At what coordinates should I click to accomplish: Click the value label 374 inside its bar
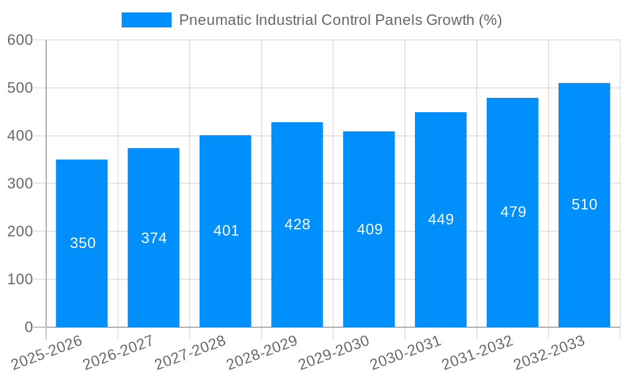pos(154,238)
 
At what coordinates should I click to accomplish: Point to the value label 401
pos(226,231)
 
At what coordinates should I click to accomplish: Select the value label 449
pos(441,219)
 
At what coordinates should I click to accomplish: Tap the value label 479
pos(513,212)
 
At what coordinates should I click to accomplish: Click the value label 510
pos(584,204)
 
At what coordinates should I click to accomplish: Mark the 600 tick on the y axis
pos(20,40)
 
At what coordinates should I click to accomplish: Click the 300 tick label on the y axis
pos(20,184)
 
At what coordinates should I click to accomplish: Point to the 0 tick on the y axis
pos(28,327)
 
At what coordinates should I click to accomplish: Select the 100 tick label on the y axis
pos(20,279)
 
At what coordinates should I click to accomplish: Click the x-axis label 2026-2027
pos(118,352)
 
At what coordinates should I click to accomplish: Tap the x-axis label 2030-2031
pos(406,352)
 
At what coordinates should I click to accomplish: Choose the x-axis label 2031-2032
pos(477,352)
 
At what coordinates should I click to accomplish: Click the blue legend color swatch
pos(146,20)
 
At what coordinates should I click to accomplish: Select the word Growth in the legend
pos(449,20)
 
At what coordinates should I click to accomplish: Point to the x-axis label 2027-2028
pos(190,352)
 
